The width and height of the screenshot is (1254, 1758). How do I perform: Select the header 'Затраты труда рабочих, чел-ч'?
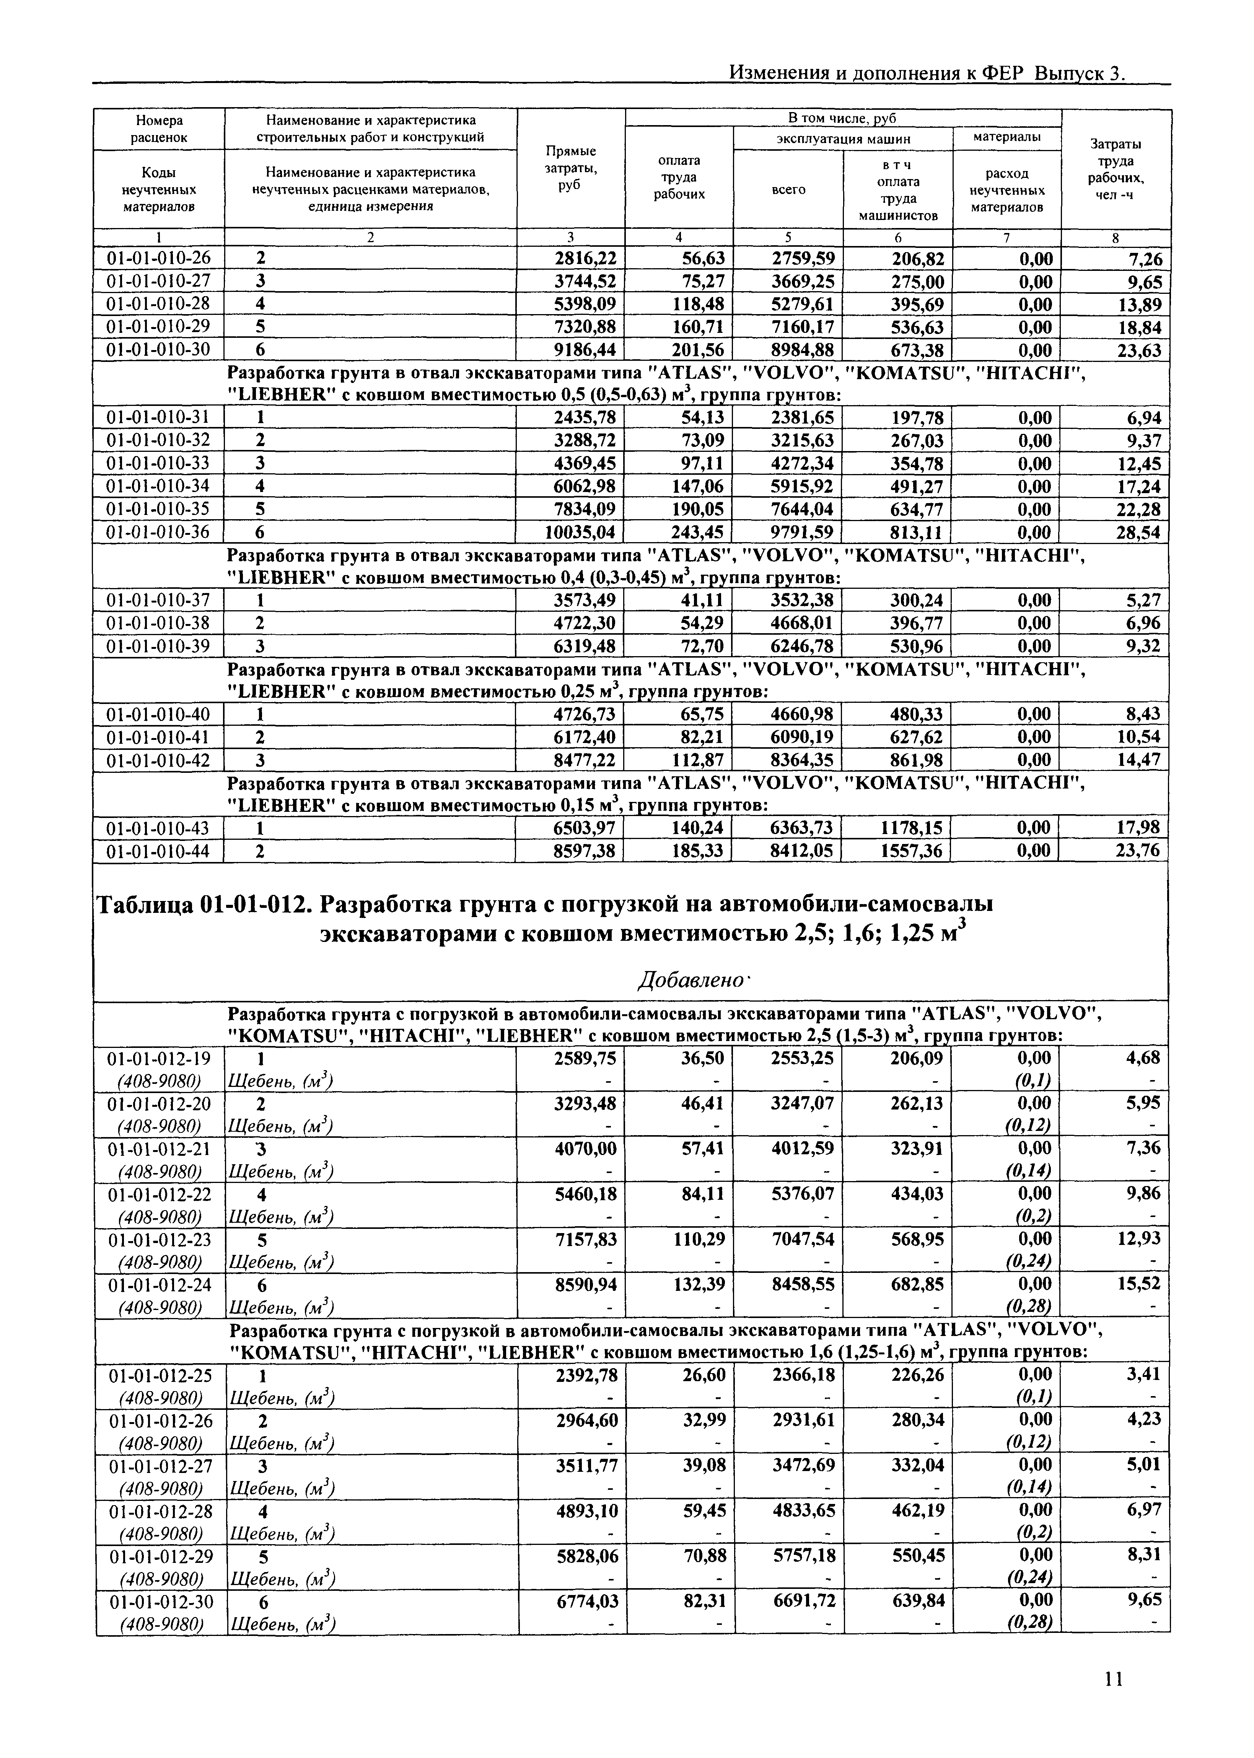tap(1116, 168)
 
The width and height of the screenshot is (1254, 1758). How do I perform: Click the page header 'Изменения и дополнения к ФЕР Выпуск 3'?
tap(927, 73)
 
